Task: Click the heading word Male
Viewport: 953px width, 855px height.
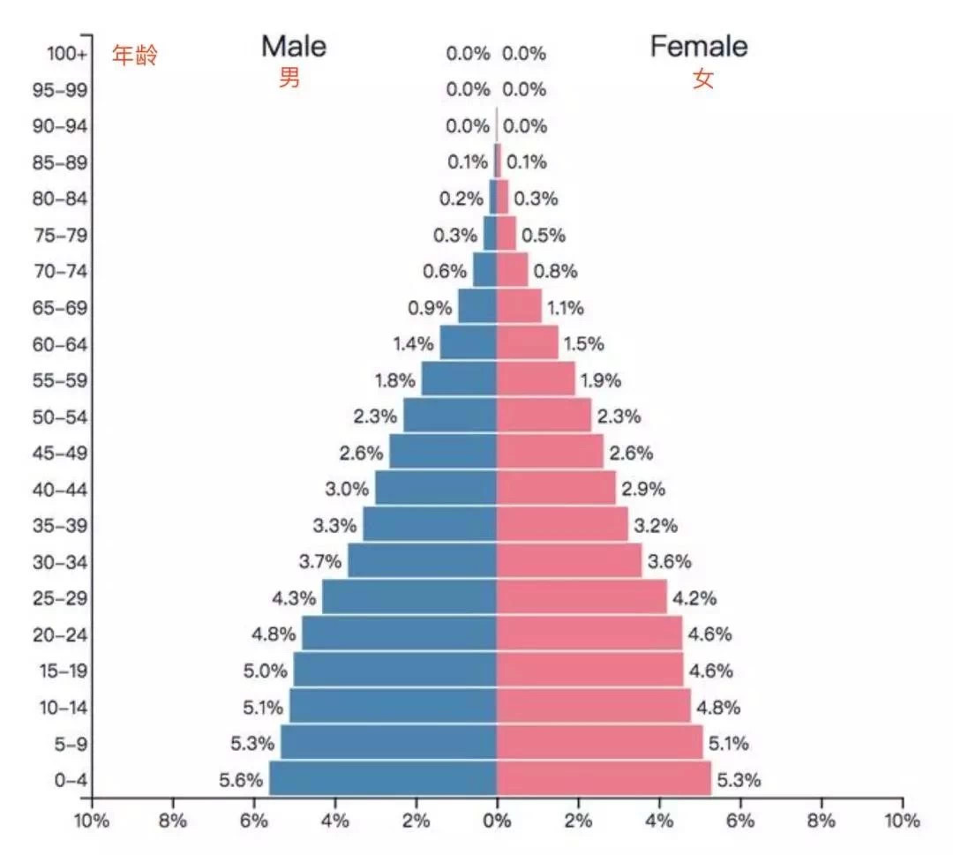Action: pyautogui.click(x=293, y=46)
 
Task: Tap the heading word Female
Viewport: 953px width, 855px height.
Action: pyautogui.click(x=699, y=46)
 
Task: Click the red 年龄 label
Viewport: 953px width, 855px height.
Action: pyautogui.click(x=134, y=56)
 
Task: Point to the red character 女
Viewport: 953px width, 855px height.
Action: pyautogui.click(x=702, y=79)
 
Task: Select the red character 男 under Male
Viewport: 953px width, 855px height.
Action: pyautogui.click(x=289, y=78)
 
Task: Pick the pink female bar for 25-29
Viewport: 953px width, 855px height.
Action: pyautogui.click(x=581, y=597)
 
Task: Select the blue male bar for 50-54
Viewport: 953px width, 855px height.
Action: pyautogui.click(x=450, y=416)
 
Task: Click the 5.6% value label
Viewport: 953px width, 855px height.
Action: pyautogui.click(x=241, y=780)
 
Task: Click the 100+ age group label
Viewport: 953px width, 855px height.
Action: pyautogui.click(x=67, y=53)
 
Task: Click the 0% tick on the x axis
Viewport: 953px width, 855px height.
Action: pyautogui.click(x=497, y=821)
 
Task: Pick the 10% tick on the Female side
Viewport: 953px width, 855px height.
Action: pyautogui.click(x=902, y=821)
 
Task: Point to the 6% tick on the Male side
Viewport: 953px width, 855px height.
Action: pyautogui.click(x=253, y=821)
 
